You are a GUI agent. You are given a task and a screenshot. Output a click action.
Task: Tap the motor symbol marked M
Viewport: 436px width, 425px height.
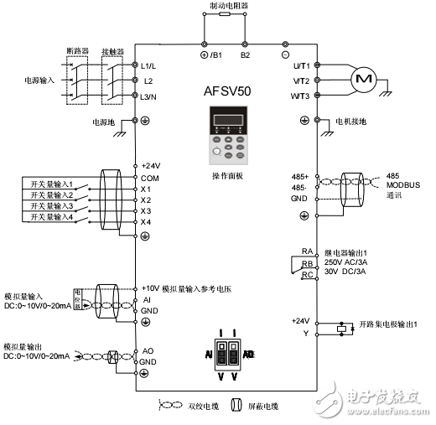tap(363, 78)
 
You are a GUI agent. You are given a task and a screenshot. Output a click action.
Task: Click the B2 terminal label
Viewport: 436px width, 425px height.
tap(246, 55)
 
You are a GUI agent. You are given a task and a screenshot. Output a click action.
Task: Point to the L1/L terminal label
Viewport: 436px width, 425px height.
tap(152, 65)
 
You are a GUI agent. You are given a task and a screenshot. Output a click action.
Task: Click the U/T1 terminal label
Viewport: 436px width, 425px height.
tap(302, 65)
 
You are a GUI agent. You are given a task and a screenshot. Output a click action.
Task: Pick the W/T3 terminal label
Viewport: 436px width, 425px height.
tap(302, 96)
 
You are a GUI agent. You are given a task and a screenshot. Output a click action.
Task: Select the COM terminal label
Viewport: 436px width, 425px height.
tap(151, 177)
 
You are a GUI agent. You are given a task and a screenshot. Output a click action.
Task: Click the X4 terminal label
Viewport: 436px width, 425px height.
tap(146, 222)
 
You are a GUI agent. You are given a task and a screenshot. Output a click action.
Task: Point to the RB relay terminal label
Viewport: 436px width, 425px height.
tap(308, 262)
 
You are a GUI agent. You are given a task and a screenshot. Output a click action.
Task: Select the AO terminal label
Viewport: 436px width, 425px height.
tap(147, 351)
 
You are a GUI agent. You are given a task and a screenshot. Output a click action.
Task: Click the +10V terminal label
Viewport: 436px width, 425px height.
tap(151, 288)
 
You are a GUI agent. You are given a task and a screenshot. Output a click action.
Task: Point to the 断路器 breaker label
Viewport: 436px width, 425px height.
tap(77, 50)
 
